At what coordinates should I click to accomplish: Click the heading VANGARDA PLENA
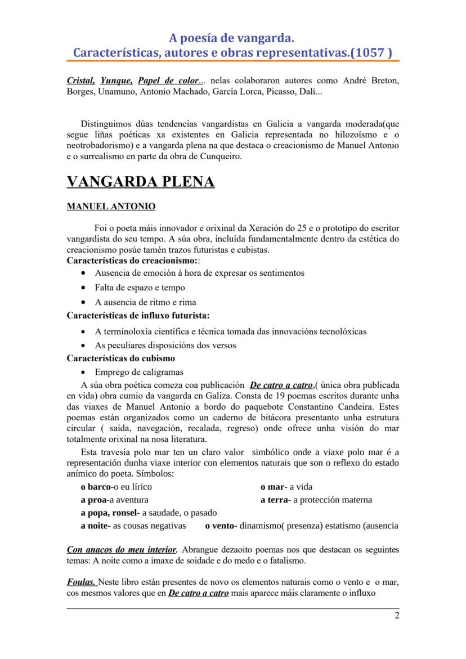coord(140,182)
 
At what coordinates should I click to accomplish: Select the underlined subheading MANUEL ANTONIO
coord(111,207)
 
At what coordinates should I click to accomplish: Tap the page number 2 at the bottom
coord(397,615)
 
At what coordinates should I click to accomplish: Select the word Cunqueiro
coord(219,156)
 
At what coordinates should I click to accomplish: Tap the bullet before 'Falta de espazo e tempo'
coord(84,288)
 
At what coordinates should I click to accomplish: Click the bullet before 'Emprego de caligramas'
coord(84,372)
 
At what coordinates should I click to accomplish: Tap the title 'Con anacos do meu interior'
coord(122,549)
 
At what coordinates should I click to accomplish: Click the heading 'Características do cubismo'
coord(120,358)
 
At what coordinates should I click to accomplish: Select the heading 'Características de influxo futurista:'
coord(138,316)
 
